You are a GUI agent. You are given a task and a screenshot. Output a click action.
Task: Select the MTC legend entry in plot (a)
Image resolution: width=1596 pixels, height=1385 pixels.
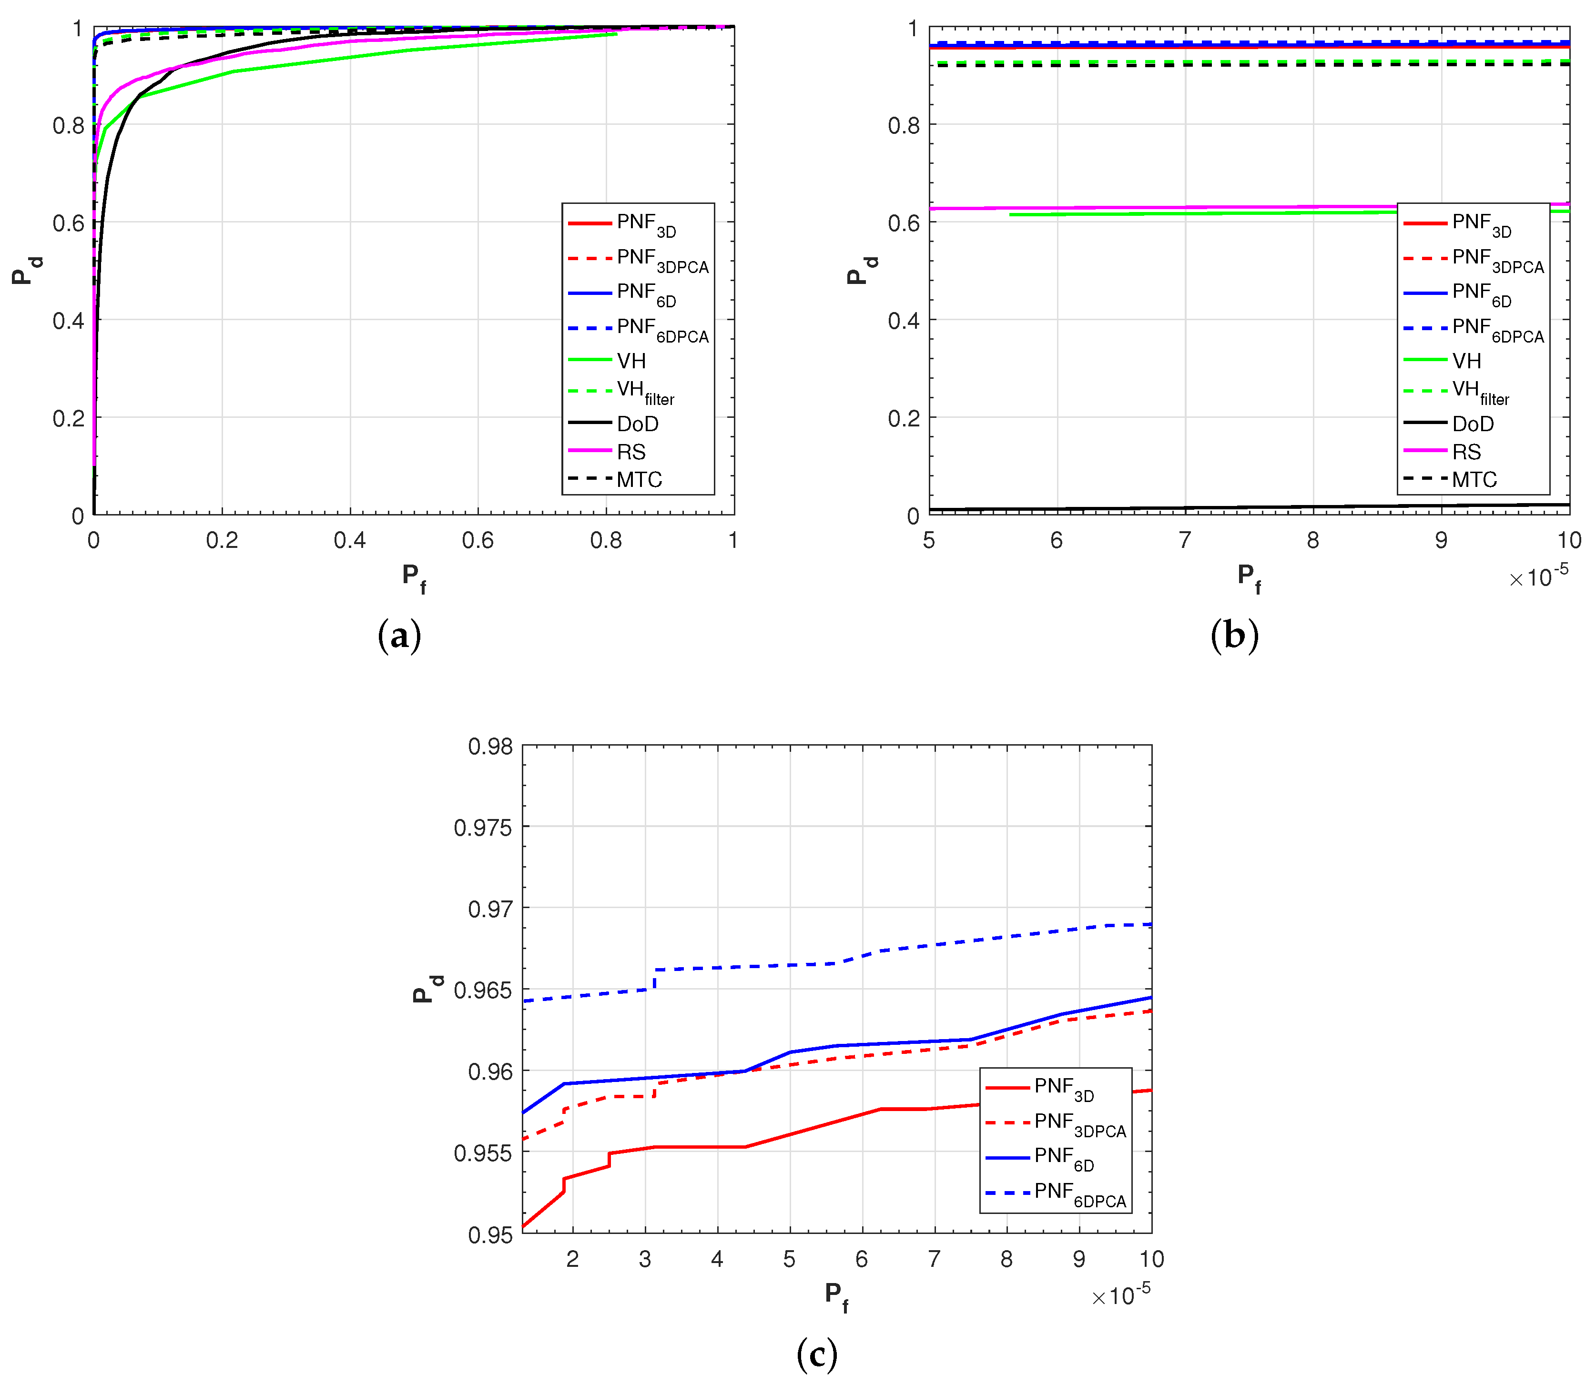639,480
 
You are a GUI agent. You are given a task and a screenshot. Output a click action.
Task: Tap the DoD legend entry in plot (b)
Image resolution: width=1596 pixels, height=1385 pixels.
1473,424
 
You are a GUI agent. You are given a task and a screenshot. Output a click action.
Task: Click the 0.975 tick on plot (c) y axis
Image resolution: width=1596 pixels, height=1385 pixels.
483,828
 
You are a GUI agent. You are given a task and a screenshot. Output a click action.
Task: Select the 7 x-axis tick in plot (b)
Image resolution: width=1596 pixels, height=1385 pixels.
1185,540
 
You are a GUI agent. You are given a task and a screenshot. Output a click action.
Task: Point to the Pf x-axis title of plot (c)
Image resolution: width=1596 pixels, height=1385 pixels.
835,1295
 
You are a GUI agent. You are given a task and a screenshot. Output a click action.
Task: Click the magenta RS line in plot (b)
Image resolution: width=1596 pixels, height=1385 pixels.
1159,208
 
